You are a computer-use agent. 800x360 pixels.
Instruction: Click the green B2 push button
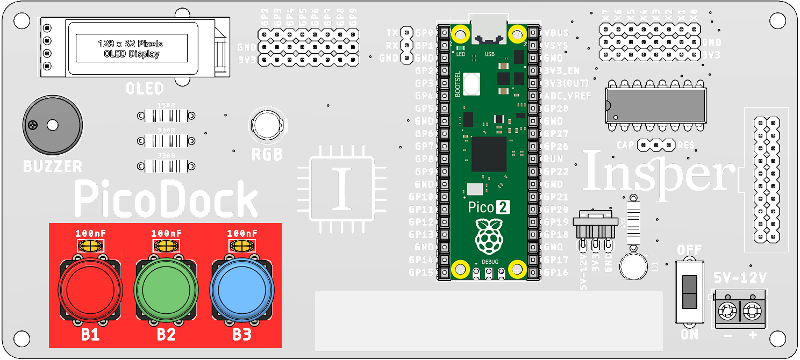point(166,289)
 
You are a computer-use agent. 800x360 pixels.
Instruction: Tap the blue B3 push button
point(241,289)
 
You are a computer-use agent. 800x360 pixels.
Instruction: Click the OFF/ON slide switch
point(689,292)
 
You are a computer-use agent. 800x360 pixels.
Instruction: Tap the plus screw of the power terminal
point(753,311)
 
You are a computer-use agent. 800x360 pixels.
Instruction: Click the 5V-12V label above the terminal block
point(740,278)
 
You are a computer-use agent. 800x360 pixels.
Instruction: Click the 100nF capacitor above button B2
point(166,246)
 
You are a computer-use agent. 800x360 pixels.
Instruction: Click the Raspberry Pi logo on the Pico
point(489,236)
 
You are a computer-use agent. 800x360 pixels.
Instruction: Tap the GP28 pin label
point(556,109)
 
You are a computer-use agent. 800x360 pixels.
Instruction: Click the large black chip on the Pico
point(489,154)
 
